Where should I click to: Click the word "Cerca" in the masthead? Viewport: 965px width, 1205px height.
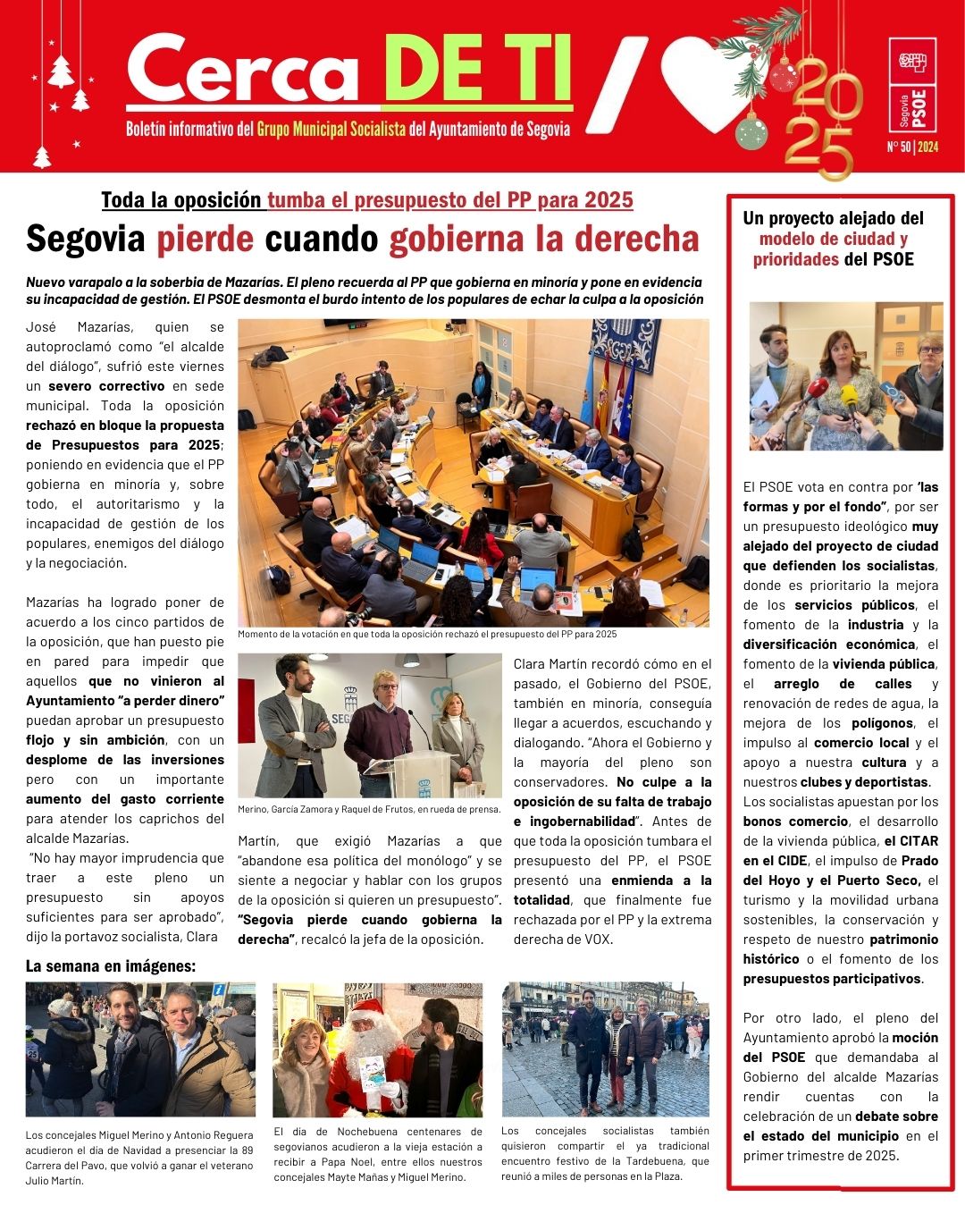coord(241,70)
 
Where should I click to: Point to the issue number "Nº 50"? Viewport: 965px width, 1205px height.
coord(898,147)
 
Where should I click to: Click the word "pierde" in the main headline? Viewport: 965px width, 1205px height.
coord(206,240)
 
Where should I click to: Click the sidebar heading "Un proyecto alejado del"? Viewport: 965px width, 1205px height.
coord(833,218)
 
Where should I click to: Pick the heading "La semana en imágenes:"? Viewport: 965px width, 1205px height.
coord(111,966)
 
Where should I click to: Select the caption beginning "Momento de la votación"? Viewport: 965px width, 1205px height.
coord(427,634)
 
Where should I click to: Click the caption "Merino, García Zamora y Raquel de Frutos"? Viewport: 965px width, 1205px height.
coord(369,809)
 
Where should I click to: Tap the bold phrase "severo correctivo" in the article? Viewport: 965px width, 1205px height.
coord(106,386)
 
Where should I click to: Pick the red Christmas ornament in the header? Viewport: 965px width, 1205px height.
coord(784,75)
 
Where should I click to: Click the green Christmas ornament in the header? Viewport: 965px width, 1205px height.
coord(751,132)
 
